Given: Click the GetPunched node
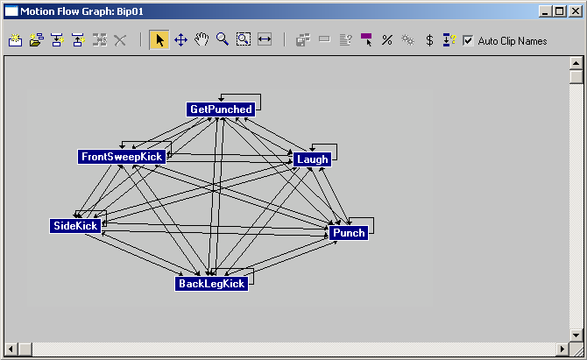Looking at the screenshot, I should (x=221, y=109).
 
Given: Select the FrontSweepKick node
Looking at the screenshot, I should (x=122, y=157).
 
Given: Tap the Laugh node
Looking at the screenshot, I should (x=312, y=159).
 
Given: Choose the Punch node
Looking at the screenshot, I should (x=349, y=232).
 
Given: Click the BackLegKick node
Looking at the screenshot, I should (x=211, y=284).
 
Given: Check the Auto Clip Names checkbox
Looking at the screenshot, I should (x=468, y=40).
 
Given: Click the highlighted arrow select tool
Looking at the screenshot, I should (x=159, y=40).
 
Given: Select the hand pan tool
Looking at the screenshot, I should (x=202, y=40).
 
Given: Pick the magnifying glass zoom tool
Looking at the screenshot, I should (x=223, y=40).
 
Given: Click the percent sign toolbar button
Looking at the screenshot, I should (x=386, y=40).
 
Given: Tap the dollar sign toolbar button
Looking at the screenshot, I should (x=429, y=40).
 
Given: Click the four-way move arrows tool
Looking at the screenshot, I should (x=180, y=40).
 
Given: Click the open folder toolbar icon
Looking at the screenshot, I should (x=36, y=40).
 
